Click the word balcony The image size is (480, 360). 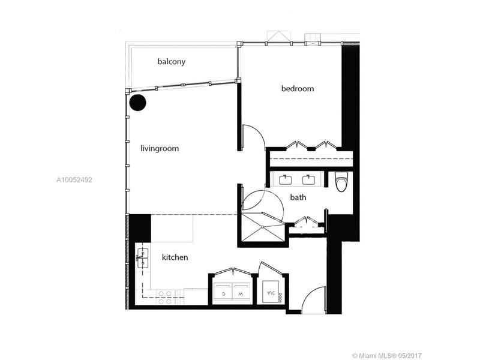(x=172, y=62)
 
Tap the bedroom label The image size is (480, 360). (x=298, y=88)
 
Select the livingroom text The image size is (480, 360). (x=160, y=148)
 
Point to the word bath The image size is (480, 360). (x=298, y=197)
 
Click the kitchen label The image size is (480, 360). (x=175, y=257)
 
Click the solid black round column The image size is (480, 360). (x=138, y=103)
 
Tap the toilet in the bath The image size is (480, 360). (x=341, y=181)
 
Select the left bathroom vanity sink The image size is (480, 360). (x=286, y=179)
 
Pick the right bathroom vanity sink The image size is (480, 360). (x=309, y=179)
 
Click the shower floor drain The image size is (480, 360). (x=262, y=227)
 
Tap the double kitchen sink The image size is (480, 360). (x=143, y=259)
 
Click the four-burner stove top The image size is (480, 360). (x=166, y=297)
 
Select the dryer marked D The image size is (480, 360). (x=223, y=292)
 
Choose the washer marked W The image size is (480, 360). (x=241, y=292)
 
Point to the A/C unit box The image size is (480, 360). (x=271, y=292)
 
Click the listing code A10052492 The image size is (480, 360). (x=74, y=179)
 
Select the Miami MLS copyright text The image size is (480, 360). (x=387, y=356)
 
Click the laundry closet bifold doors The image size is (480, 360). (x=233, y=271)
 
